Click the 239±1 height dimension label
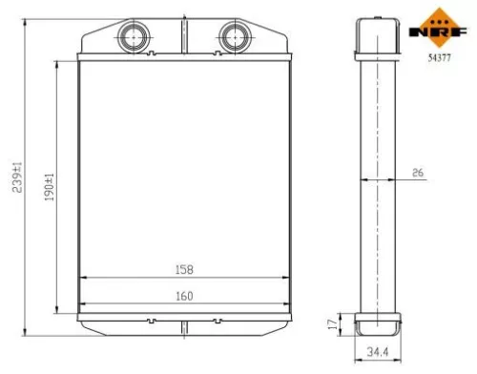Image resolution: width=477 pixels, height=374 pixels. point(14,177)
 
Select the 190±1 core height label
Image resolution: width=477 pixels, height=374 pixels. point(48,185)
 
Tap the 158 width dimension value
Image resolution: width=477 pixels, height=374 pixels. point(181,268)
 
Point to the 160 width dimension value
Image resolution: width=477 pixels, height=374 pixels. point(181,296)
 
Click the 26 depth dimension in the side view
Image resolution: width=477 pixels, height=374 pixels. point(417,172)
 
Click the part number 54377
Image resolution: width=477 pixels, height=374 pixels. point(439,57)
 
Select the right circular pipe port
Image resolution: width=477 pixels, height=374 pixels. point(233,37)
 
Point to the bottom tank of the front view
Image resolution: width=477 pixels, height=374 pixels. point(181,324)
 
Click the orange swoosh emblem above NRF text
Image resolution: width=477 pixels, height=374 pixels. point(440,15)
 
